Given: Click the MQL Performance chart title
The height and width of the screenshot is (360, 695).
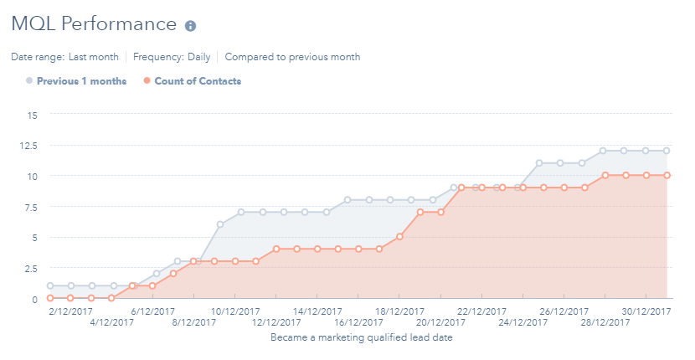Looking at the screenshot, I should pyautogui.click(x=93, y=24).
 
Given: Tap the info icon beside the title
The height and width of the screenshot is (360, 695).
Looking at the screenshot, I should pyautogui.click(x=190, y=26).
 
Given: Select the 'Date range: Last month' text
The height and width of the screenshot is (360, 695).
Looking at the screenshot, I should pyautogui.click(x=64, y=57).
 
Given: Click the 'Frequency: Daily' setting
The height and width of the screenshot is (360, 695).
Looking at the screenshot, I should pyautogui.click(x=171, y=57).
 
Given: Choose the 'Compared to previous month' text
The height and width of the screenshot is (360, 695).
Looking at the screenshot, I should pyautogui.click(x=292, y=57).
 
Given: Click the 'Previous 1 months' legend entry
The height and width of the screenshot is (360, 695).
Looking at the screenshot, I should pyautogui.click(x=76, y=81).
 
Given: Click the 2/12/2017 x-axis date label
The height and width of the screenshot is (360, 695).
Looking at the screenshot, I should pyautogui.click(x=70, y=310).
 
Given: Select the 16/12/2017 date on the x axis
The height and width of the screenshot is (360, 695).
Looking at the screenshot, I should pyautogui.click(x=358, y=321).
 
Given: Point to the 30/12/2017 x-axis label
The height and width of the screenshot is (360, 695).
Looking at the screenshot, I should pyautogui.click(x=645, y=310).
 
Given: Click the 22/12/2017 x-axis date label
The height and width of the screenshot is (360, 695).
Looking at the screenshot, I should pyautogui.click(x=481, y=310).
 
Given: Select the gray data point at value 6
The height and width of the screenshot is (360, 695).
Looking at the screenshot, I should pyautogui.click(x=219, y=224).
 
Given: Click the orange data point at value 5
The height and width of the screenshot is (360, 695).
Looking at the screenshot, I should pyautogui.click(x=400, y=237).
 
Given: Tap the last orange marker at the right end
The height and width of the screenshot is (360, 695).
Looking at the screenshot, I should pyautogui.click(x=667, y=176).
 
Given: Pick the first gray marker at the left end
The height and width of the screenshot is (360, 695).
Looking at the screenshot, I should pyautogui.click(x=50, y=285).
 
